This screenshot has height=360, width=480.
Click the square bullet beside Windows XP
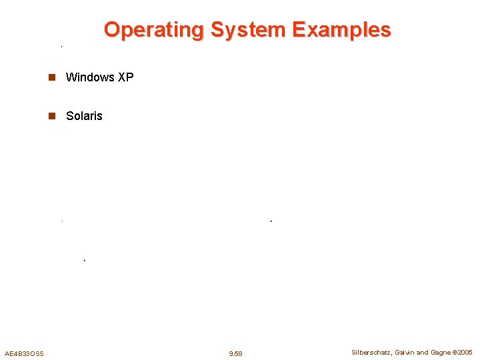pos(50,77)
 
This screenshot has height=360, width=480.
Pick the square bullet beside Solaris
pos(50,116)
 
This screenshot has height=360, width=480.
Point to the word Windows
pos(90,77)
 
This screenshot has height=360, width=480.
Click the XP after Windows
pos(125,77)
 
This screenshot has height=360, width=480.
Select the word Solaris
pos(84,116)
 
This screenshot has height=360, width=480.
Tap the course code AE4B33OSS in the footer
pos(24,353)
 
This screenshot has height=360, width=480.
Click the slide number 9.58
pos(235,353)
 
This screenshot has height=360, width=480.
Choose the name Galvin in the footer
pos(406,353)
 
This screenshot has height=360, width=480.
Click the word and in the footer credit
pos(423,353)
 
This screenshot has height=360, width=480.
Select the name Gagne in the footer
pos(441,353)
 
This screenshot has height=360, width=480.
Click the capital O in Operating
pos(112,30)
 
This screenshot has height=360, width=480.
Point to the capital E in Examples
pos(299,30)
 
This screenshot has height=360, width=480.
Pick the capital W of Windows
pos(71,77)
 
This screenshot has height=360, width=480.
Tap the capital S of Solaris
pos(70,116)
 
